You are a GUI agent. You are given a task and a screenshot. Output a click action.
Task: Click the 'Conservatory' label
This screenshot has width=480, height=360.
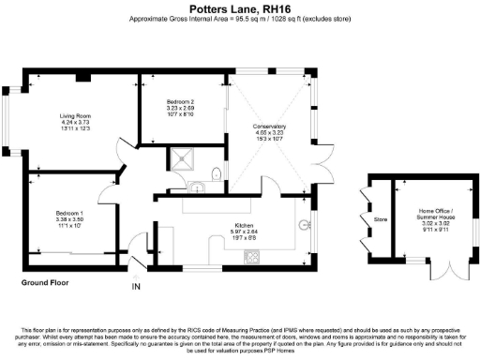269,126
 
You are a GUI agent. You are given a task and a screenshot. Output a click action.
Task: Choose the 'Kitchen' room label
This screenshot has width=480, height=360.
245,225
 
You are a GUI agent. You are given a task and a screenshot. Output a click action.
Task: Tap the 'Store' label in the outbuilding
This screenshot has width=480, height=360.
381,221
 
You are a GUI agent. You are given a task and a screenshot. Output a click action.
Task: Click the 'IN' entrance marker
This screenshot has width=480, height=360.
135,287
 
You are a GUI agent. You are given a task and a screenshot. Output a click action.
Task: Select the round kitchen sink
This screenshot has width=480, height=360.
304,224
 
